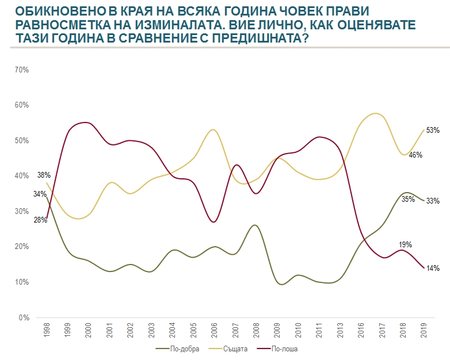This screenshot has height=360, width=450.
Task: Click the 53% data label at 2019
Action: click(433, 131)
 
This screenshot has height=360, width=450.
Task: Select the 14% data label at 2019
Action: click(433, 268)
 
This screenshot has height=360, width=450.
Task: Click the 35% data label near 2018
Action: click(409, 200)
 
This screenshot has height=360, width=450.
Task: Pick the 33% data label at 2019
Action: click(433, 201)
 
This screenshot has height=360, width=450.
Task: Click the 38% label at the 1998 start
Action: click(44, 175)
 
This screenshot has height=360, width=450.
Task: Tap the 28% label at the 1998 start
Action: click(41, 220)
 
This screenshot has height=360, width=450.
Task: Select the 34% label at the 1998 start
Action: click(40, 194)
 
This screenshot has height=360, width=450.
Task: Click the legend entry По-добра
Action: click(182, 348)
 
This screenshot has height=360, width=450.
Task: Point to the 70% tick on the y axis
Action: click(21, 70)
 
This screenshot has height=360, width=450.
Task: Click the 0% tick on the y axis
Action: click(24, 317)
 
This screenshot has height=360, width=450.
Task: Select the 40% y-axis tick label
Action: click(21, 176)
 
